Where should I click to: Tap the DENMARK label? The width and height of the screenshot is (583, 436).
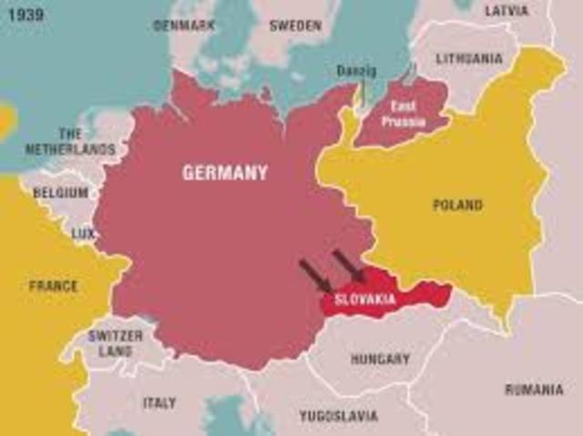184,25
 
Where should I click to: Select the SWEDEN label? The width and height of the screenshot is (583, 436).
296,25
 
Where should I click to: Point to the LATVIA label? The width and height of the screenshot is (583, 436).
506,11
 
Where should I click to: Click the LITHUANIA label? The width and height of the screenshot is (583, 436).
469,58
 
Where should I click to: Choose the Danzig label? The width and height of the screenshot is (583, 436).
355,70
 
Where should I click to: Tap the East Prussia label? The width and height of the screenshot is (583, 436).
404,112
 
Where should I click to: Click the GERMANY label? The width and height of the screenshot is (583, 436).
225,172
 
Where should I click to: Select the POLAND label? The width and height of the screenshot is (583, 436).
457,205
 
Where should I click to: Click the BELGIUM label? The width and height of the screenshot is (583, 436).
61,193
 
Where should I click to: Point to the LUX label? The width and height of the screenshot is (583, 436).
83,234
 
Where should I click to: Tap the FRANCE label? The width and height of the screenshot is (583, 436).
53,286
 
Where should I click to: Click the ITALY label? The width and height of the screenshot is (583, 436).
159,401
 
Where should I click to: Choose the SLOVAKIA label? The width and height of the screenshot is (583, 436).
365,299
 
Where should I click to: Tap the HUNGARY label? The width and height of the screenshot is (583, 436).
380,359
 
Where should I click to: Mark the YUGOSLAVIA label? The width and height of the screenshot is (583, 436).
339,416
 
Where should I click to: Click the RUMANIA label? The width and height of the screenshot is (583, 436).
534,390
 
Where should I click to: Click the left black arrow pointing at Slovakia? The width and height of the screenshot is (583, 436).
315,275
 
